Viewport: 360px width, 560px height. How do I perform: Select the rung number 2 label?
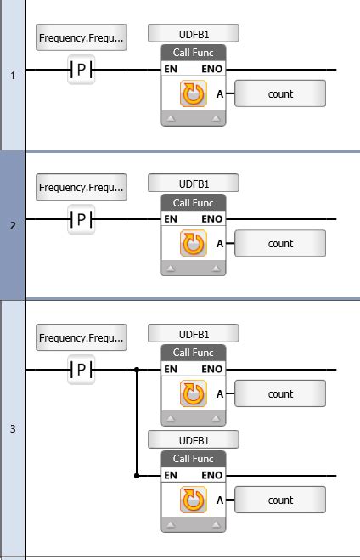click(x=13, y=226)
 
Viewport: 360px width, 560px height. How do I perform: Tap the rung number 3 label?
click(x=13, y=429)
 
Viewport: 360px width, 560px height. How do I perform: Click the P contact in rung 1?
click(x=81, y=70)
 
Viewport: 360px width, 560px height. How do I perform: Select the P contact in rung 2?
click(x=81, y=219)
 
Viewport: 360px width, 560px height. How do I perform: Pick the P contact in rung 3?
click(x=81, y=370)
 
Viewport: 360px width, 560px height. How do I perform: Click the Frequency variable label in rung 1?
click(x=82, y=37)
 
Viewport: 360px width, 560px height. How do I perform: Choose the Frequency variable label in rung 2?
click(x=82, y=187)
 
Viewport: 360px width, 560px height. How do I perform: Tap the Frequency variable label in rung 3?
click(x=82, y=337)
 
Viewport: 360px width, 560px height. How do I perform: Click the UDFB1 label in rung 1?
click(x=194, y=33)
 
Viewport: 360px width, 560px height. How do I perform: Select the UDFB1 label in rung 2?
click(x=194, y=183)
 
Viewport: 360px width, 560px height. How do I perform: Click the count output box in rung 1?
click(x=280, y=93)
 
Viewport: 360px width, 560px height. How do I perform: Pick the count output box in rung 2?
click(x=280, y=243)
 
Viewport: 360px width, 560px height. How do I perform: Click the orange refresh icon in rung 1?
click(x=194, y=94)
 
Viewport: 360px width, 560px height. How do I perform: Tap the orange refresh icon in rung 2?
click(x=194, y=244)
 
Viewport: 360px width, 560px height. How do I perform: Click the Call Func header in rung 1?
click(x=194, y=53)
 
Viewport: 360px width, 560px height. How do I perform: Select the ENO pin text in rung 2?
click(x=212, y=219)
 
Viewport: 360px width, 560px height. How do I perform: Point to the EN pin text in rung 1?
click(x=171, y=70)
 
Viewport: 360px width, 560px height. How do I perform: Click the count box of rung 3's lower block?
click(x=280, y=500)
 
